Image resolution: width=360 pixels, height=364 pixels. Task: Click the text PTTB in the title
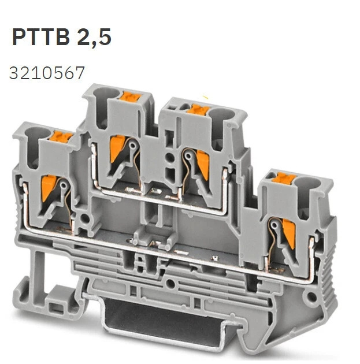coord(39,38)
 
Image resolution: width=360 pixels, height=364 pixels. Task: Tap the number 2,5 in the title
coord(92,38)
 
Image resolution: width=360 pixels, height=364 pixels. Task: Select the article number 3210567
coord(47,73)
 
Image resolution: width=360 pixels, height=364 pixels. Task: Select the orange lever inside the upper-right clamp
coord(202,160)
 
